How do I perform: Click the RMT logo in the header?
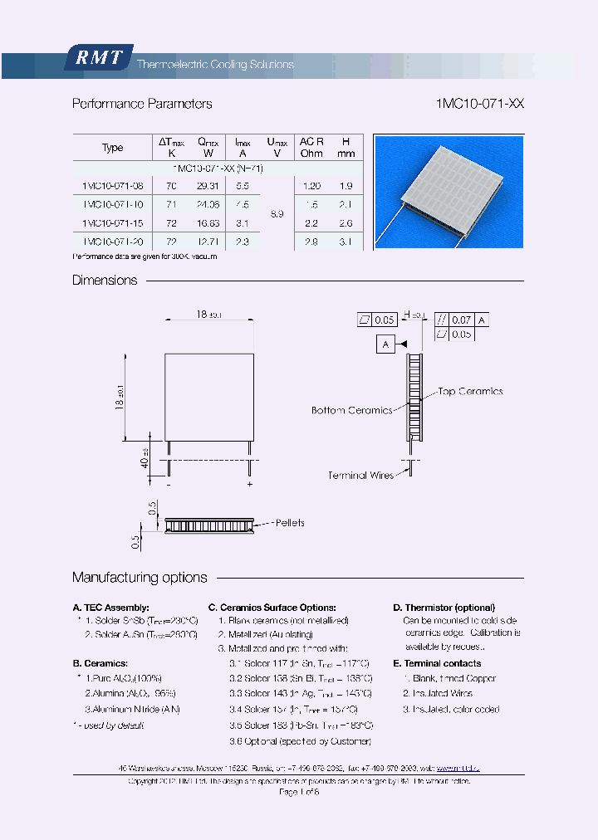[x=99, y=57]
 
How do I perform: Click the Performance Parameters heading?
[x=142, y=104]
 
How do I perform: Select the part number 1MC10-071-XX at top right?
[x=479, y=104]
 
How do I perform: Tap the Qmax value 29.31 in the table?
[x=208, y=187]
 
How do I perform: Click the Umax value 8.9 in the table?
[x=277, y=214]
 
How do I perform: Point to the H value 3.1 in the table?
[x=346, y=242]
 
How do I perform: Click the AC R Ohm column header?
[x=311, y=147]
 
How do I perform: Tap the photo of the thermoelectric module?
[x=448, y=192]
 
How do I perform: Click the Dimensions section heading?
[x=105, y=281]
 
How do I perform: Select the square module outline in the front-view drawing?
[x=208, y=396]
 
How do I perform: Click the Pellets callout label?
[x=289, y=523]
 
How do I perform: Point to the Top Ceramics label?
[x=470, y=391]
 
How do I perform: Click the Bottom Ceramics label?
[x=351, y=410]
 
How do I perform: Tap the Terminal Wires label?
[x=359, y=476]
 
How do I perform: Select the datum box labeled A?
[x=385, y=344]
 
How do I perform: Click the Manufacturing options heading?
[x=140, y=578]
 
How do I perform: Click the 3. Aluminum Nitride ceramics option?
[x=132, y=709]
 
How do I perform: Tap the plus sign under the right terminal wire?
[x=249, y=483]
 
